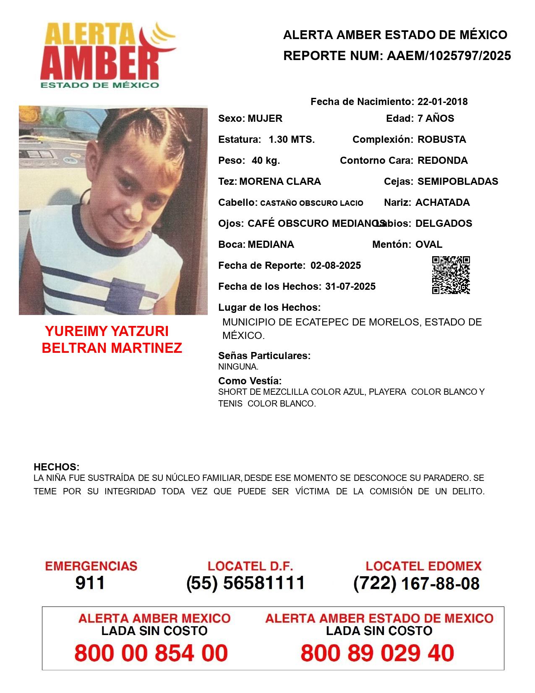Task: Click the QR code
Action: click(x=451, y=275)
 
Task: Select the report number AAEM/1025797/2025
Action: click(x=449, y=56)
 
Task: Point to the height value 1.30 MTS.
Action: click(x=292, y=139)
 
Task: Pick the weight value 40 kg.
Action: click(x=266, y=160)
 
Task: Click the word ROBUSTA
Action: click(x=441, y=139)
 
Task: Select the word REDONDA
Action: click(x=442, y=160)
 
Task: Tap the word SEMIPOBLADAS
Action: click(x=457, y=181)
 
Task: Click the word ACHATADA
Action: click(x=442, y=202)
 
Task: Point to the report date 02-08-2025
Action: click(x=336, y=265)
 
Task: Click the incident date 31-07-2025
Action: click(x=350, y=286)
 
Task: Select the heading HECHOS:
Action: click(x=56, y=467)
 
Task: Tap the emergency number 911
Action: click(x=90, y=583)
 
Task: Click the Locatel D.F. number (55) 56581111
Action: click(x=246, y=583)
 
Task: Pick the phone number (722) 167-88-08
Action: click(x=416, y=583)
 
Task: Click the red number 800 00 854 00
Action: click(x=151, y=653)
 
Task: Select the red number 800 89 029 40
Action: click(x=377, y=653)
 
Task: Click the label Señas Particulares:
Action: click(x=264, y=356)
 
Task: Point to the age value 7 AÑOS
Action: click(x=436, y=118)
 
